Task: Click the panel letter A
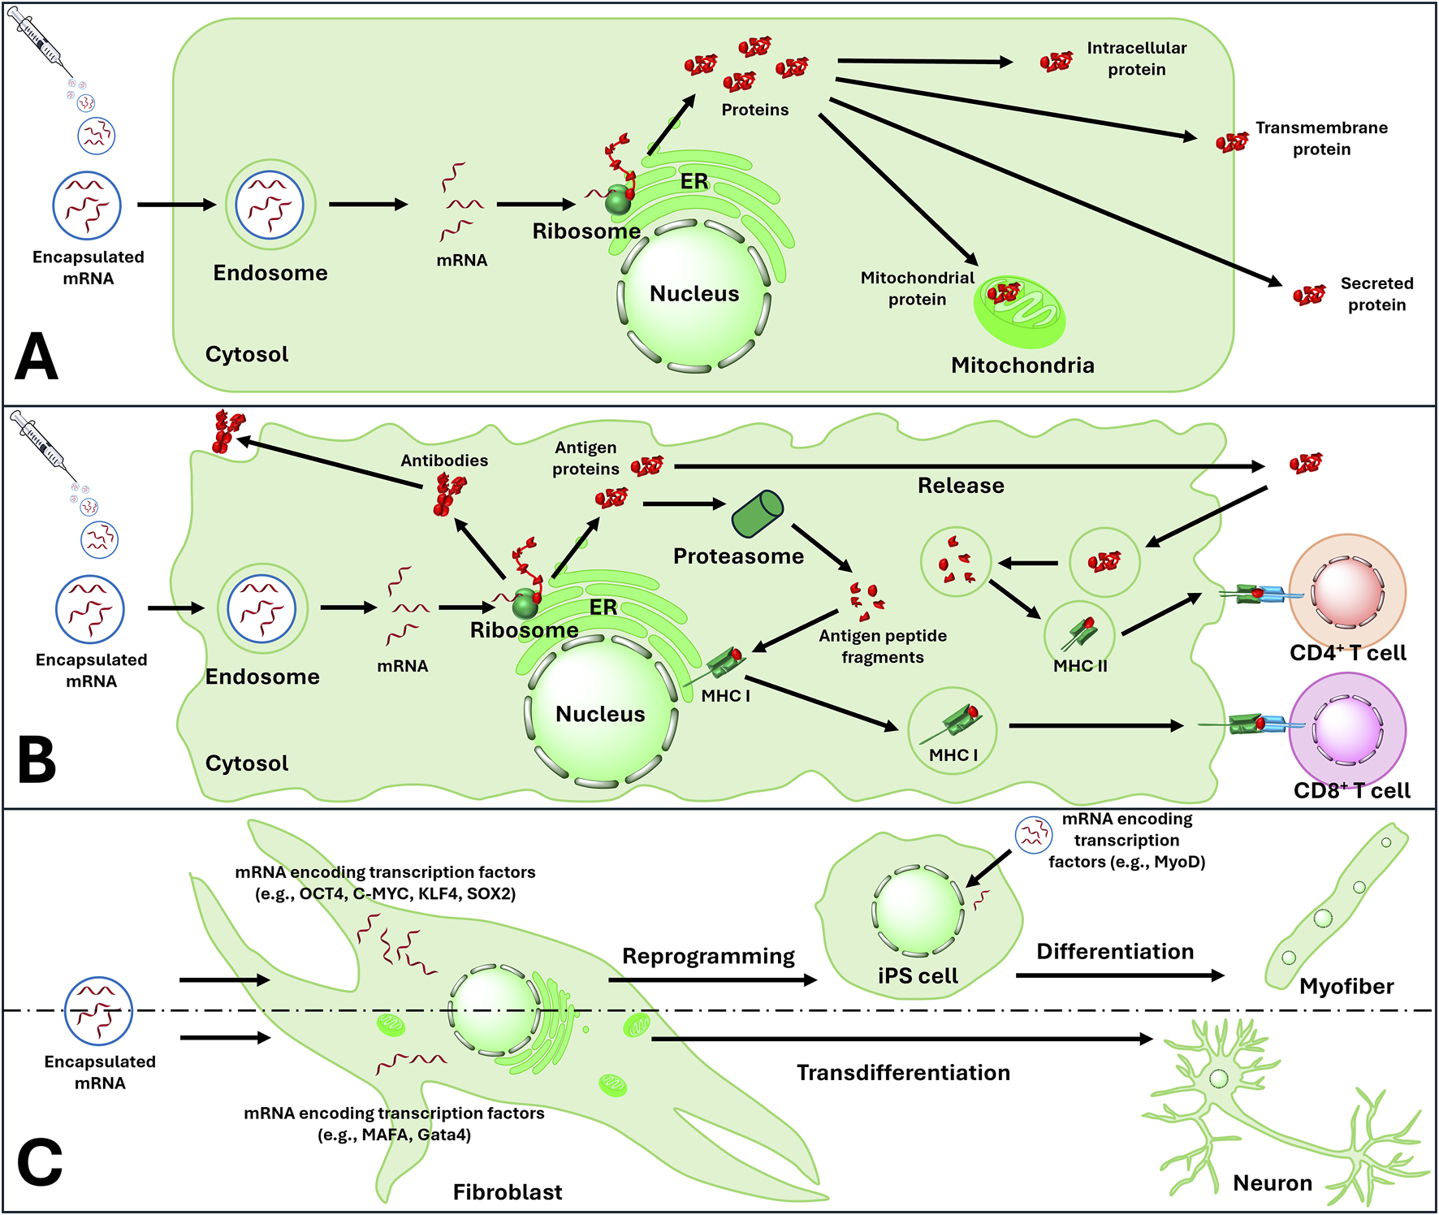37,357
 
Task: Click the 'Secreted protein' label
1376,294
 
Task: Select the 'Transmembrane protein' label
1321,138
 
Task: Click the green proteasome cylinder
757,514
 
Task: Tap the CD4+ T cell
1347,591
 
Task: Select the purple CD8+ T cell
1347,729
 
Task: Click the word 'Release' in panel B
961,486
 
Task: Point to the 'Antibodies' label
444,460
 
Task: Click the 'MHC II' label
1080,666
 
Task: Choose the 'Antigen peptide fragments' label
883,646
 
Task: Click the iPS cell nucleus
918,910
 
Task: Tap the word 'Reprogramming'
708,956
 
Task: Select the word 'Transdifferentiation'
903,1073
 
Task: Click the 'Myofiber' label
1346,987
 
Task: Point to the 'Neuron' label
1273,1183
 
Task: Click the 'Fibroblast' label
508,1192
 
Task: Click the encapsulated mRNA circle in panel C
99,1011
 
